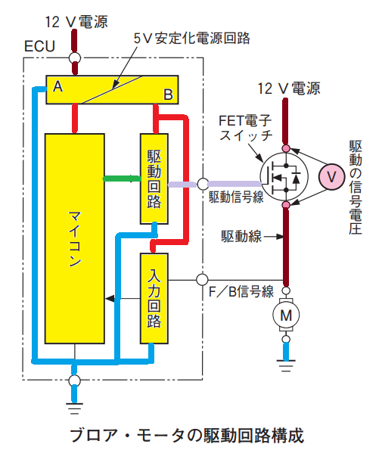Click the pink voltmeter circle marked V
click(x=331, y=177)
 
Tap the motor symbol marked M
click(x=286, y=315)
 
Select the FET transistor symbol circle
click(x=284, y=176)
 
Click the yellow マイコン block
click(x=75, y=238)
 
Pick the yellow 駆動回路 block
click(x=154, y=179)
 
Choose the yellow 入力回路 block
click(x=154, y=299)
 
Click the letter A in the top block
click(x=57, y=87)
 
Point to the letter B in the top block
click(x=168, y=95)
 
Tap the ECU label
click(x=39, y=46)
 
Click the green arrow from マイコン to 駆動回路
click(x=122, y=179)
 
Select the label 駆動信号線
click(x=236, y=197)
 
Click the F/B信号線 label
click(x=241, y=292)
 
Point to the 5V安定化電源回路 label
click(x=191, y=39)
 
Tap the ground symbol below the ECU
click(x=74, y=408)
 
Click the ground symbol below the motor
click(x=286, y=365)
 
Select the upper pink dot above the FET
click(x=286, y=148)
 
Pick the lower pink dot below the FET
click(x=286, y=204)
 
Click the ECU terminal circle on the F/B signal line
click(x=202, y=280)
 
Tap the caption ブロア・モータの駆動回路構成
click(x=187, y=435)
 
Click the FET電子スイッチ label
click(x=246, y=128)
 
